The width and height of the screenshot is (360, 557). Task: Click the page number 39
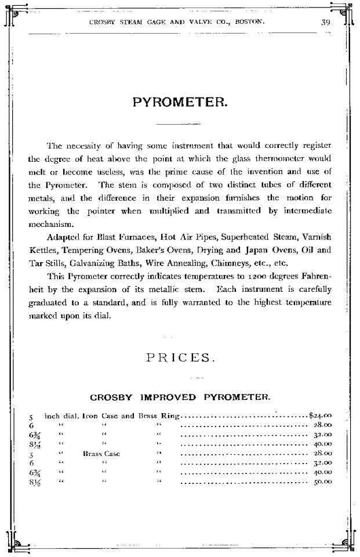(326, 23)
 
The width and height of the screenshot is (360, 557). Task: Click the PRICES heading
(179, 357)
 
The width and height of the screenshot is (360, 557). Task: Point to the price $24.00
(320, 415)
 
